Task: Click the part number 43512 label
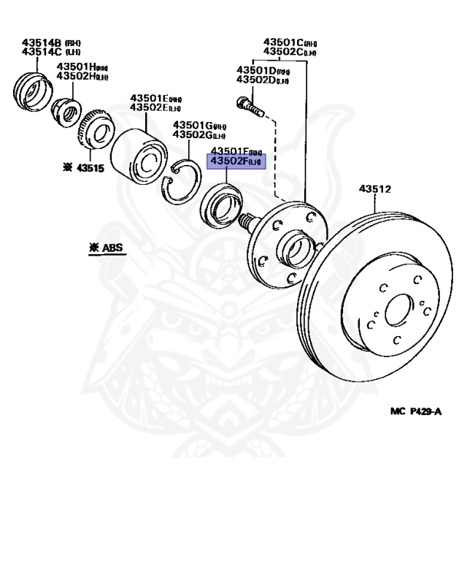[375, 189]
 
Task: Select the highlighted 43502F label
[237, 161]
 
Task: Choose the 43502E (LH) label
[155, 107]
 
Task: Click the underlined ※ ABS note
[107, 248]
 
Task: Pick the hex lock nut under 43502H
[66, 110]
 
